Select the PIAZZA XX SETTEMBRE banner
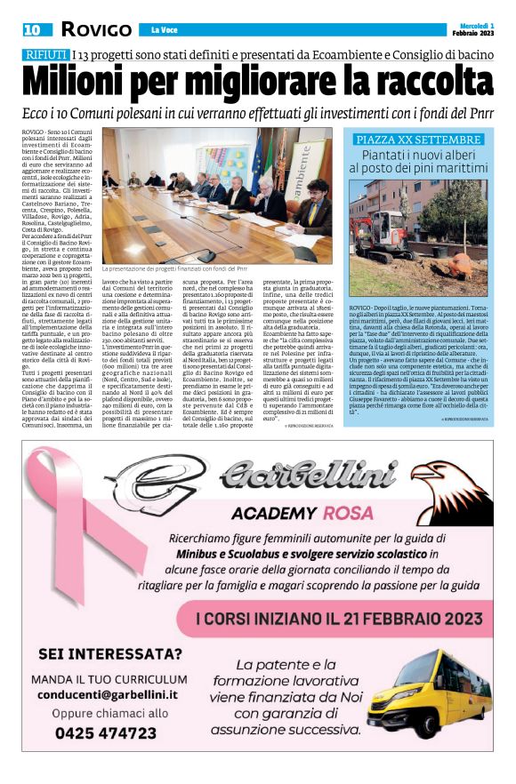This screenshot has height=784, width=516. (x=418, y=140)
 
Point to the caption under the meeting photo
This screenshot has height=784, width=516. (x=174, y=268)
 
